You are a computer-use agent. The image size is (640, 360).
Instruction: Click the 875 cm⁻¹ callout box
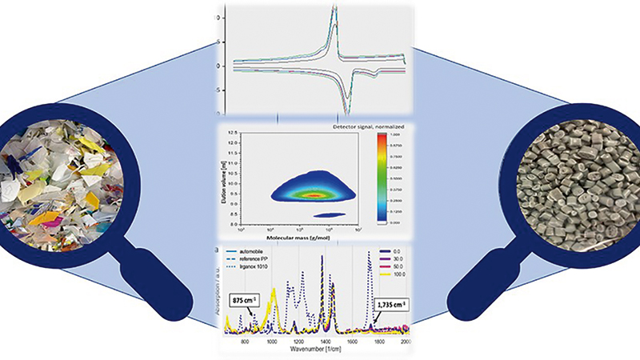(244, 300)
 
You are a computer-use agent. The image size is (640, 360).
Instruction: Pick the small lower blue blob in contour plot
(329, 214)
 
